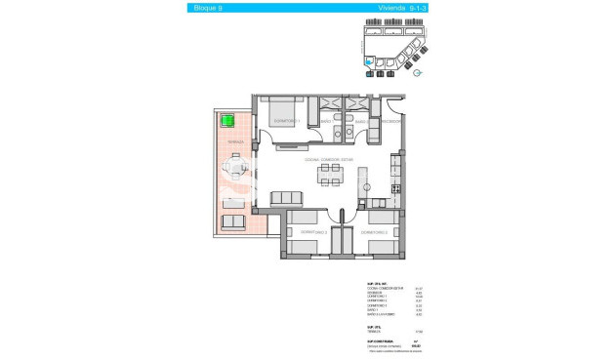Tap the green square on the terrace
coord(227,122)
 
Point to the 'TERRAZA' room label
coord(234,141)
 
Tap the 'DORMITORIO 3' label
coord(375,232)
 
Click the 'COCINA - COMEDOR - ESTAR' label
coord(329,159)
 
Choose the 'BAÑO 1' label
coord(326,122)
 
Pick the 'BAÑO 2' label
coord(360,122)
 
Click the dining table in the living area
coord(330,175)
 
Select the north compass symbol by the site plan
coord(418,71)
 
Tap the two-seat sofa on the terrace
coord(234,222)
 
